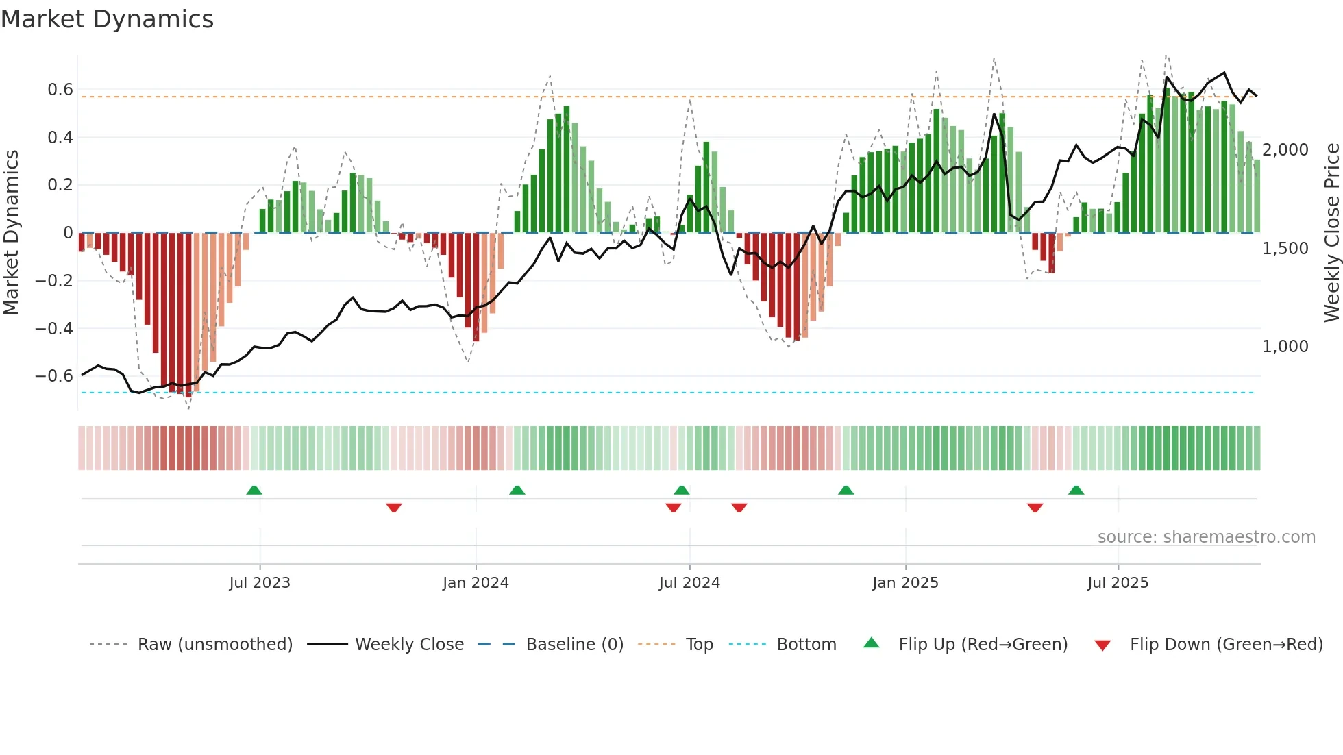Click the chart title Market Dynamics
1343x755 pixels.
point(107,19)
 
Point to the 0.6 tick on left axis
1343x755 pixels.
point(60,90)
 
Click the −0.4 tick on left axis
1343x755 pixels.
point(54,328)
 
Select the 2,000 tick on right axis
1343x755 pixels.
point(1285,150)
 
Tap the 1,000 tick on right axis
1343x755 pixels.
point(1285,347)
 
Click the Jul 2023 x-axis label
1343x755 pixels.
point(260,583)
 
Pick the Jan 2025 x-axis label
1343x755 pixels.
point(905,583)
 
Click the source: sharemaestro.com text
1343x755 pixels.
point(1206,537)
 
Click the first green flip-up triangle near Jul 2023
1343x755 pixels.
point(254,491)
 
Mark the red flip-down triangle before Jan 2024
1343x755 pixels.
point(394,508)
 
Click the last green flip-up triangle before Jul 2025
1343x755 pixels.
point(1076,491)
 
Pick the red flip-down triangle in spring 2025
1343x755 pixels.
point(1035,508)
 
